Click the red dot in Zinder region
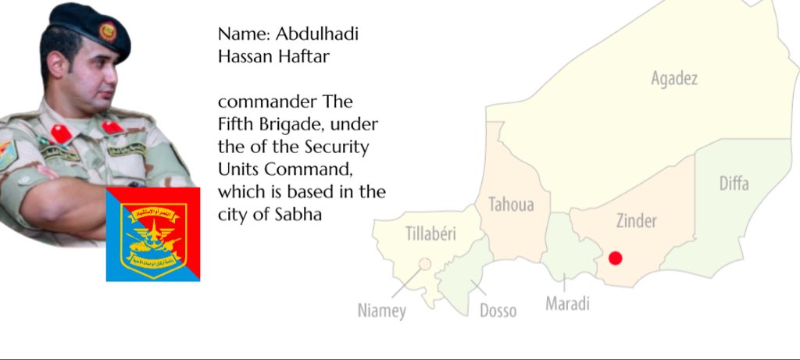tap(615, 258)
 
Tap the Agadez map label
tap(673, 78)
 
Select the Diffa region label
tap(734, 184)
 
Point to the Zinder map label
tap(636, 221)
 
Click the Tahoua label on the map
tap(511, 205)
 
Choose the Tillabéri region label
tap(430, 233)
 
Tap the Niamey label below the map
tap(382, 311)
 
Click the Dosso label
tap(498, 311)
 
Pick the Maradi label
tap(567, 303)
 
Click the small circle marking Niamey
tap(425, 264)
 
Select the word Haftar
tap(294, 57)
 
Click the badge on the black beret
tap(105, 33)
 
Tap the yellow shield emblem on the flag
tap(152, 232)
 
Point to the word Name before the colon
tap(237, 34)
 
